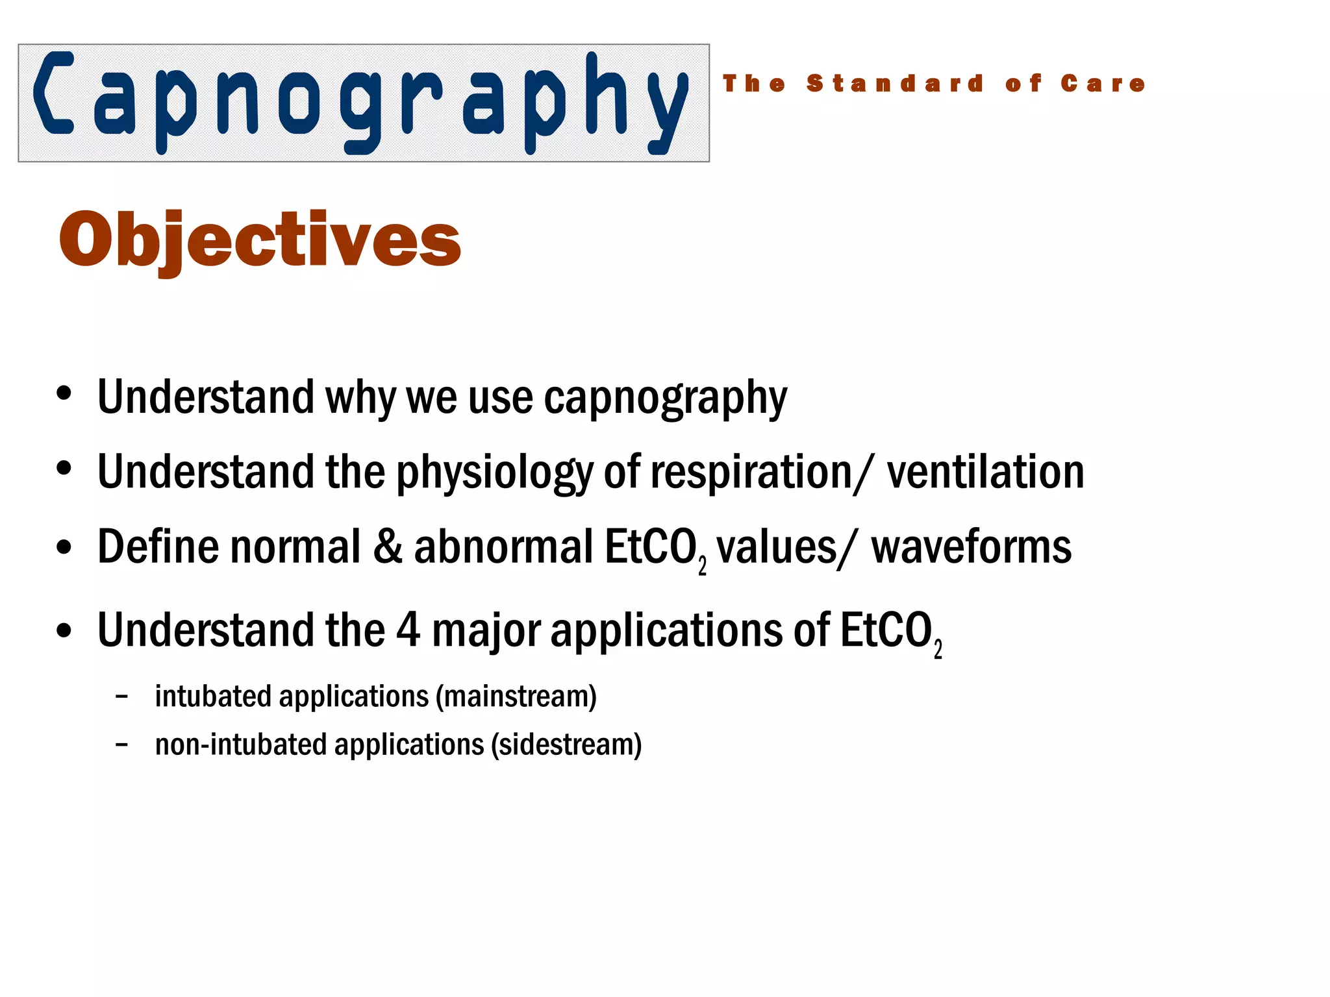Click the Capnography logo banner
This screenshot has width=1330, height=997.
[x=364, y=103]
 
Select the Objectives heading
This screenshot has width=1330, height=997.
[x=260, y=240]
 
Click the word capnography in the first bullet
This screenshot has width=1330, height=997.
[x=665, y=398]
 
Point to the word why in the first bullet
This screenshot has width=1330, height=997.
[x=360, y=398]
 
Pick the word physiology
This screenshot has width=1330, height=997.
[x=494, y=473]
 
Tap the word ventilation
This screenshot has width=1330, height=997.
[x=985, y=471]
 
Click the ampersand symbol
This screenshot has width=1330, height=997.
[x=388, y=547]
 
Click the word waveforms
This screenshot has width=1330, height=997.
[x=971, y=548]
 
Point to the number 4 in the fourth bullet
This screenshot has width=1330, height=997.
[x=408, y=630]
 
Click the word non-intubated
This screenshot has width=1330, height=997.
[x=240, y=745]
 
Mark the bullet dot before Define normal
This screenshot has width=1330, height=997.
[x=64, y=547]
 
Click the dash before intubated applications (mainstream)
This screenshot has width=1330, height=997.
[x=121, y=696]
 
